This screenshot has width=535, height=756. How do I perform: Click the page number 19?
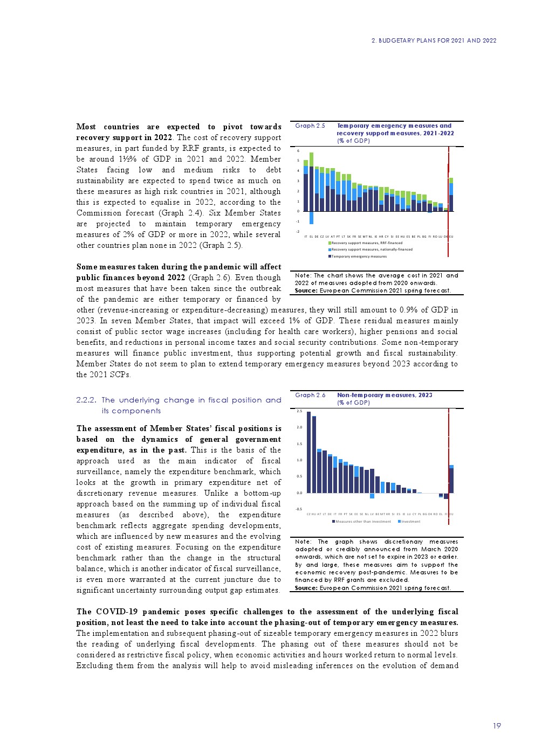tap(497, 726)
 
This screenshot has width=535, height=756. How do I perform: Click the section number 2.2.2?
tap(86, 400)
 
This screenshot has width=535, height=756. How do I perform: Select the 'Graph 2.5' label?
tap(310, 126)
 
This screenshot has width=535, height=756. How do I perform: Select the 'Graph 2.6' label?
tap(310, 395)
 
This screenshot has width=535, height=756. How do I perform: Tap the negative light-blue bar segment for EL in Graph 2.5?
tap(311, 217)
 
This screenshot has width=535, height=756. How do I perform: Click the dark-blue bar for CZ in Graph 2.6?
tap(308, 453)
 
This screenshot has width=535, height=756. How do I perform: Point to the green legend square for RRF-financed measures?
tap(330, 243)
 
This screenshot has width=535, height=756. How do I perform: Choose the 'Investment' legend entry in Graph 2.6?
tap(410, 522)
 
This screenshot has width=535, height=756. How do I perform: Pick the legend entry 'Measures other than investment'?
tap(362, 522)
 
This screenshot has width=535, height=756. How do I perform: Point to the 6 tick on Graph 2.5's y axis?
tap(298, 151)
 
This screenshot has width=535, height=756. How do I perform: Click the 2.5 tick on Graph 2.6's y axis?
tap(299, 411)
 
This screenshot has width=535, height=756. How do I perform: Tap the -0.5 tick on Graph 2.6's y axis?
tap(298, 509)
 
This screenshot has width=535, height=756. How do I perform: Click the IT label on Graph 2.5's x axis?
tap(306, 237)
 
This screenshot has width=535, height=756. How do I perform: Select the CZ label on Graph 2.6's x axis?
tap(308, 514)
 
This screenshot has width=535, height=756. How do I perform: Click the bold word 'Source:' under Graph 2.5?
tap(306, 290)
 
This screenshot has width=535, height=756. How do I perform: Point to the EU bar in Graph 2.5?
tap(451, 195)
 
